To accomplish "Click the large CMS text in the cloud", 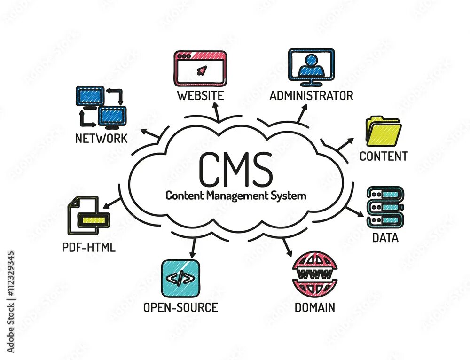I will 235,169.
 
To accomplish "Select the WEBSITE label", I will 200,95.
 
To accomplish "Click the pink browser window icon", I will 200,69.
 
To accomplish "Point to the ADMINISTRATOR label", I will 311,96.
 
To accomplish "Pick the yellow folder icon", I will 383,131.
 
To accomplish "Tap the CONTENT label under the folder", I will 383,157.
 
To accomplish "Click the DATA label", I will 385,238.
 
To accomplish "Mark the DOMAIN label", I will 314,308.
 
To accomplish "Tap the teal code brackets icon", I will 180,278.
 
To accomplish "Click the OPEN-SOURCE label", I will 180,308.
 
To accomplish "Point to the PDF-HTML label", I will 88,247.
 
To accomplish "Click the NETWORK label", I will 101,138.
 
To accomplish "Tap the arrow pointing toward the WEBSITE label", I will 217,113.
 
